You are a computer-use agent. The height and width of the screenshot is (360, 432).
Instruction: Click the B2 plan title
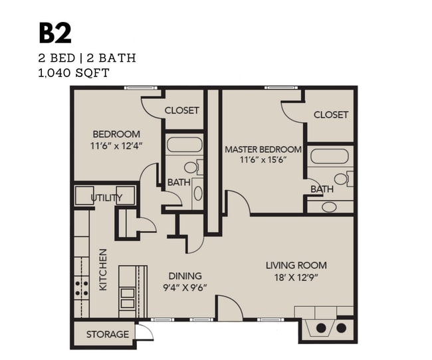[55, 34]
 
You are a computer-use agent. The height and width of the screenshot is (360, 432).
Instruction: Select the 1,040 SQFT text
[74, 72]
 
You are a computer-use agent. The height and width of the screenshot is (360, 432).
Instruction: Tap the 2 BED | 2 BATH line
[86, 58]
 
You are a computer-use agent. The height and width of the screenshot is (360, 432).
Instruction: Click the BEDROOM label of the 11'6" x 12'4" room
[116, 134]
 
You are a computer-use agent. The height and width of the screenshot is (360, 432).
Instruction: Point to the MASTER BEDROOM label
[263, 149]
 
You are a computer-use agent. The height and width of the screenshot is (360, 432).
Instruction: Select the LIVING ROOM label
[296, 266]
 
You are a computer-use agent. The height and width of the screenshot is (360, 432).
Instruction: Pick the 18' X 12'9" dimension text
[296, 276]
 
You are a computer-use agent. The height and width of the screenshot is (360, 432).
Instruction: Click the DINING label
[185, 276]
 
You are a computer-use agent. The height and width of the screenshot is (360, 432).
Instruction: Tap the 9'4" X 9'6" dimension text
[185, 287]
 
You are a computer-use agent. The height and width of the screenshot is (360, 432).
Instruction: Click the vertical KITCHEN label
[103, 269]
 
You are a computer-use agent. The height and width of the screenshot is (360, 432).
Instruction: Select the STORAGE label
[107, 334]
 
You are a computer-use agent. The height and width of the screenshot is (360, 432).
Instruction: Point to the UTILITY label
[106, 197]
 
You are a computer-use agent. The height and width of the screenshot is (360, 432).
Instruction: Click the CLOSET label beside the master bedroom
[330, 114]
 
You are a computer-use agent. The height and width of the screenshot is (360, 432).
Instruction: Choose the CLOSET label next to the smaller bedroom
[181, 110]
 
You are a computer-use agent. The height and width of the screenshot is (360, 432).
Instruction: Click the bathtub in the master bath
[329, 157]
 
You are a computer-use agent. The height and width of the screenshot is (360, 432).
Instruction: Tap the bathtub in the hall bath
[183, 145]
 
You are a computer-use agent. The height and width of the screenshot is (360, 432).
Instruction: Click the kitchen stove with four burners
[81, 287]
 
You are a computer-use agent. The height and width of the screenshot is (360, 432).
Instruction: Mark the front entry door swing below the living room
[230, 309]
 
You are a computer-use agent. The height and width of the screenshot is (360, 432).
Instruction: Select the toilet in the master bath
[343, 179]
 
